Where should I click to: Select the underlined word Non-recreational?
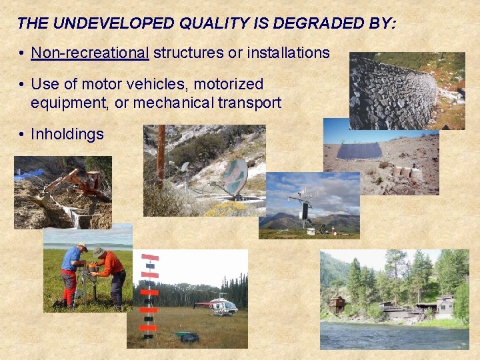tap(90, 53)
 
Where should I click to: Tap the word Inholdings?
tap(67, 134)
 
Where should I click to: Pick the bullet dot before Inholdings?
tap(22, 135)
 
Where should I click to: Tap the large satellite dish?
tap(235, 177)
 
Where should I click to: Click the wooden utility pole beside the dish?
tap(161, 157)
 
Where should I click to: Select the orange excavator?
tap(80, 183)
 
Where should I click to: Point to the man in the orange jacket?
tap(110, 273)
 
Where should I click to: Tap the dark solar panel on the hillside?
tap(359, 151)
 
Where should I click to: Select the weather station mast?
tap(304, 207)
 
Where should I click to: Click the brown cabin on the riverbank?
tap(339, 305)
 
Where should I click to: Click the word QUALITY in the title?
tap(213, 23)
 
